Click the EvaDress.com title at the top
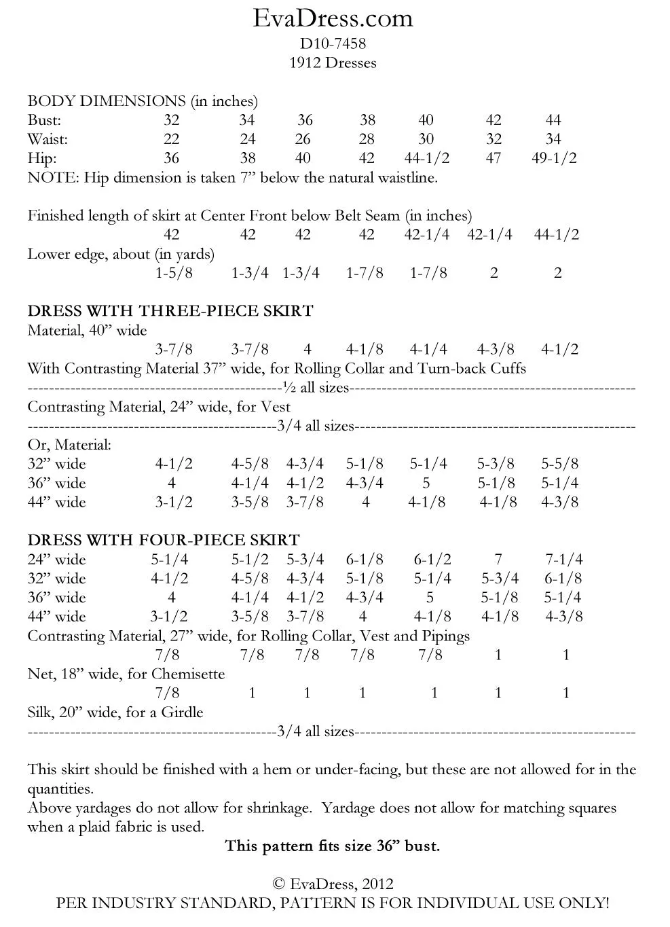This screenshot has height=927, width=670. (333, 18)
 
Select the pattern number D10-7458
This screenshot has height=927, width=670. (333, 44)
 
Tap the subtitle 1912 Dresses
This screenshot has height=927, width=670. (333, 63)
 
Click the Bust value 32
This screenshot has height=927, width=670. (172, 120)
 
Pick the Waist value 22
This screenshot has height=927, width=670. (172, 139)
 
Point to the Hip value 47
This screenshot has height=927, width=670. (494, 158)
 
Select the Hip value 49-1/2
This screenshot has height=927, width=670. (555, 158)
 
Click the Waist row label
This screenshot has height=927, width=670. (48, 139)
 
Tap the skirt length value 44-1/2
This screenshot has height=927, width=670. (557, 234)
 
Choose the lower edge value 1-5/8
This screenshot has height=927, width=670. (174, 273)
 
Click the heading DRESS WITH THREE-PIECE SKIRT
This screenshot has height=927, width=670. (170, 311)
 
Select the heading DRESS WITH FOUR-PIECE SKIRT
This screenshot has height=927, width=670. (164, 540)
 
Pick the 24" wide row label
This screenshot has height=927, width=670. (56, 560)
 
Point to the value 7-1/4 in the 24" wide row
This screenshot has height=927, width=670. (564, 560)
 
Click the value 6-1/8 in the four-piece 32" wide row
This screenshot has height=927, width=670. (563, 579)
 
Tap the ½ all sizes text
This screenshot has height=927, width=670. (316, 388)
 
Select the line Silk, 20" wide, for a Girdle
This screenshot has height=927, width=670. (115, 712)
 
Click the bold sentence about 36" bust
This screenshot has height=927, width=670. (333, 846)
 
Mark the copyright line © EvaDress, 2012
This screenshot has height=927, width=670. (333, 884)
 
